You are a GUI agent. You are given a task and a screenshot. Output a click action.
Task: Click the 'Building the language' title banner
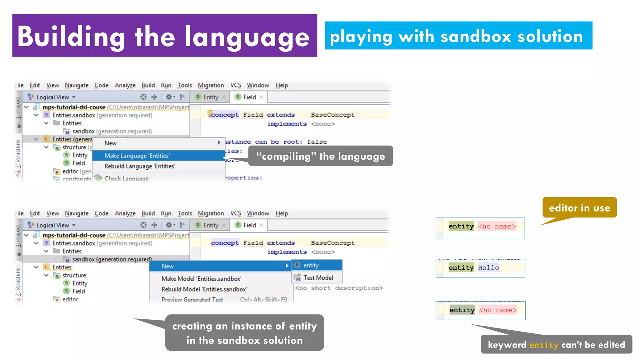(164, 36)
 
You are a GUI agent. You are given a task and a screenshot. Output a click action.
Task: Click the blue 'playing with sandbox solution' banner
(458, 36)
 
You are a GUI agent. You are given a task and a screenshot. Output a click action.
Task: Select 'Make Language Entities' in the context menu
(137, 156)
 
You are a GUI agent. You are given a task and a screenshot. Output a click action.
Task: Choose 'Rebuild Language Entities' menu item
(140, 166)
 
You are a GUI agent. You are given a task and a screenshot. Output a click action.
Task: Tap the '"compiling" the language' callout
(320, 156)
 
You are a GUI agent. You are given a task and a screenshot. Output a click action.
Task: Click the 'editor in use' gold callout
(579, 208)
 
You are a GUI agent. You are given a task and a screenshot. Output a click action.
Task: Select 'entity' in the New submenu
(311, 265)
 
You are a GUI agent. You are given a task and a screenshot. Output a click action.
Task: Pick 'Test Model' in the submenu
(318, 277)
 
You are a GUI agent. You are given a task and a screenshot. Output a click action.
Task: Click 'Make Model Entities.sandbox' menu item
(201, 279)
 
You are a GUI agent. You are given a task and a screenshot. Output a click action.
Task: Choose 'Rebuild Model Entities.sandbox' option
(204, 289)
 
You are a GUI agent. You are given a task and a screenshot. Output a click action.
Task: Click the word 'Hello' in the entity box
(488, 268)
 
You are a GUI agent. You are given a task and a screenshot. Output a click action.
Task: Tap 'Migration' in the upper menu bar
(211, 85)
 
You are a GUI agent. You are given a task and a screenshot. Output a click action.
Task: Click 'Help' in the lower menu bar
(281, 213)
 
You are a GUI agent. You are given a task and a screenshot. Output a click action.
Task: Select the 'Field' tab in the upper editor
(249, 97)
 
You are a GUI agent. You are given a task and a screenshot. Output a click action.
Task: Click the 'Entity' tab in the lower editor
(210, 225)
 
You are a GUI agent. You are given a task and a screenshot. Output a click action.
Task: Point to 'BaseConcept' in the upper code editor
(332, 115)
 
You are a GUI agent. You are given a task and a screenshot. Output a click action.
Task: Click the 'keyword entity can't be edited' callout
(556, 345)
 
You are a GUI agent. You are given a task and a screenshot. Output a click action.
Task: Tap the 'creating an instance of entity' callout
(244, 333)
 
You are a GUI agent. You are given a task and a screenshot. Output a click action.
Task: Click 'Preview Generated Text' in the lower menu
(192, 300)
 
